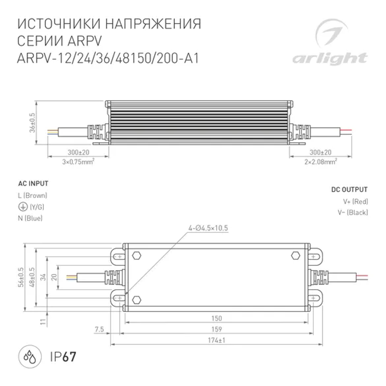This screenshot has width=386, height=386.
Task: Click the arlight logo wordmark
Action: pos(329,59)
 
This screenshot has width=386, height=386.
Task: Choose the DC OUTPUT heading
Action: pos(349,190)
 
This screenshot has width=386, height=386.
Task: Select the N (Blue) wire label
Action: pos(30,218)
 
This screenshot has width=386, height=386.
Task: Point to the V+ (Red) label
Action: pos(355,201)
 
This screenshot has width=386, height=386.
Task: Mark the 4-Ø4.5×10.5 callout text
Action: pos(208,228)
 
